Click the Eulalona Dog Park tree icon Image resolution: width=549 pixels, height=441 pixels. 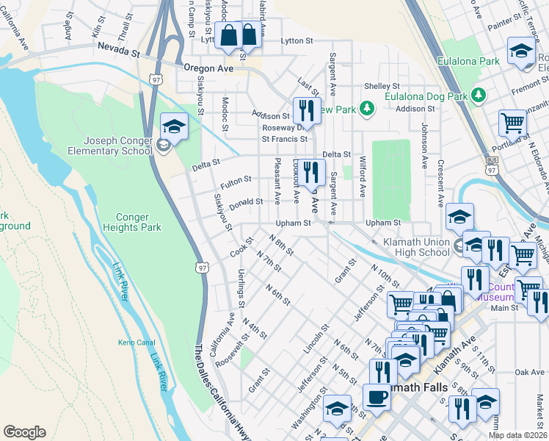479,95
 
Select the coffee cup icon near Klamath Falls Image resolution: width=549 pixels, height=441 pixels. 377,397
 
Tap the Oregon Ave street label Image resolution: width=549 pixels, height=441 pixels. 208,68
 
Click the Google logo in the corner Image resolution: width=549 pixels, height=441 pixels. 24,432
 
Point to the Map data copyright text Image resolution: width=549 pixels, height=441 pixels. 518,435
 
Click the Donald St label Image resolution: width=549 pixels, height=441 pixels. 246,201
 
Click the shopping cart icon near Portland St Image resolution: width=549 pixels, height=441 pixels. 512,123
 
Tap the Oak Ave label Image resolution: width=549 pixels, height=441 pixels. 530,372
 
